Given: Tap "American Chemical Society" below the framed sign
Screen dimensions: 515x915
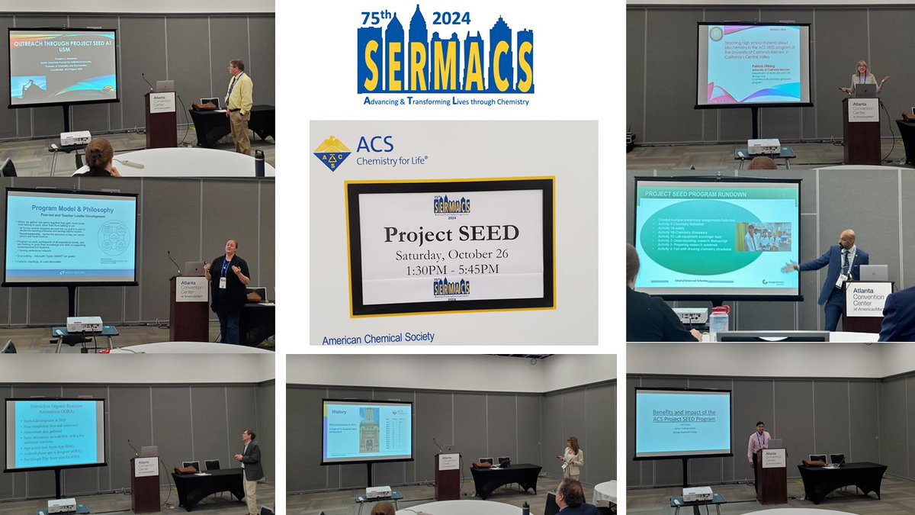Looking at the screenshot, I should [x=378, y=337].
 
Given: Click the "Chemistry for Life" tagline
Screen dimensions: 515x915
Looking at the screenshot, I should [x=392, y=160].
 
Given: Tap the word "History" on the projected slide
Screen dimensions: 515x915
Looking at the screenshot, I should [x=339, y=410].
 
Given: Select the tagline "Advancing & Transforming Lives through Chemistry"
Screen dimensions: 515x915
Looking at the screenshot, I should [x=446, y=101].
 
